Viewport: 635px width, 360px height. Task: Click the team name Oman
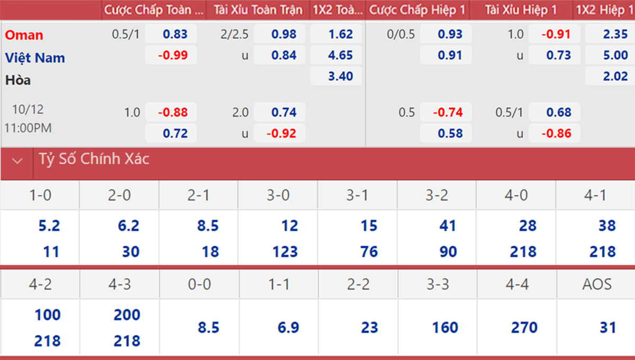coord(24,35)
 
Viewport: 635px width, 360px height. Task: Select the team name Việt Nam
coord(35,57)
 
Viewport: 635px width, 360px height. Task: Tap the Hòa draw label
coord(18,80)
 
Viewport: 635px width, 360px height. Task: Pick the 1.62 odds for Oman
coord(337,34)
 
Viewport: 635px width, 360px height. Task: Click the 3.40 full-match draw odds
coord(337,76)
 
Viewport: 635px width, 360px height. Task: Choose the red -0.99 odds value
coord(171,55)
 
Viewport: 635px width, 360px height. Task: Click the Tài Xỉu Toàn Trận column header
coord(258,10)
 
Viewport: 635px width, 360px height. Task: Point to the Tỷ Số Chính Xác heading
coord(94,159)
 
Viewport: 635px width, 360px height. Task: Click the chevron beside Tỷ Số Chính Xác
coord(17,160)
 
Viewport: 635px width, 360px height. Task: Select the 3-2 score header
coord(437,195)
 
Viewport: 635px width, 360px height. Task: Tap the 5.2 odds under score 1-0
coord(49,226)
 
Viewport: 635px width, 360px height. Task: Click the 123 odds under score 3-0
coord(286,251)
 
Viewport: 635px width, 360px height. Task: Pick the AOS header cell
coord(596,284)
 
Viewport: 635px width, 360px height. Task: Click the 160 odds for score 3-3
coord(445,328)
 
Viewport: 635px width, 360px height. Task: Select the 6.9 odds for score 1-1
coord(288,328)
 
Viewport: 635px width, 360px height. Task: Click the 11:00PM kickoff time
coord(28,128)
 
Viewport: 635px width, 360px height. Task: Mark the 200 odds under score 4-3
coord(126,315)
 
